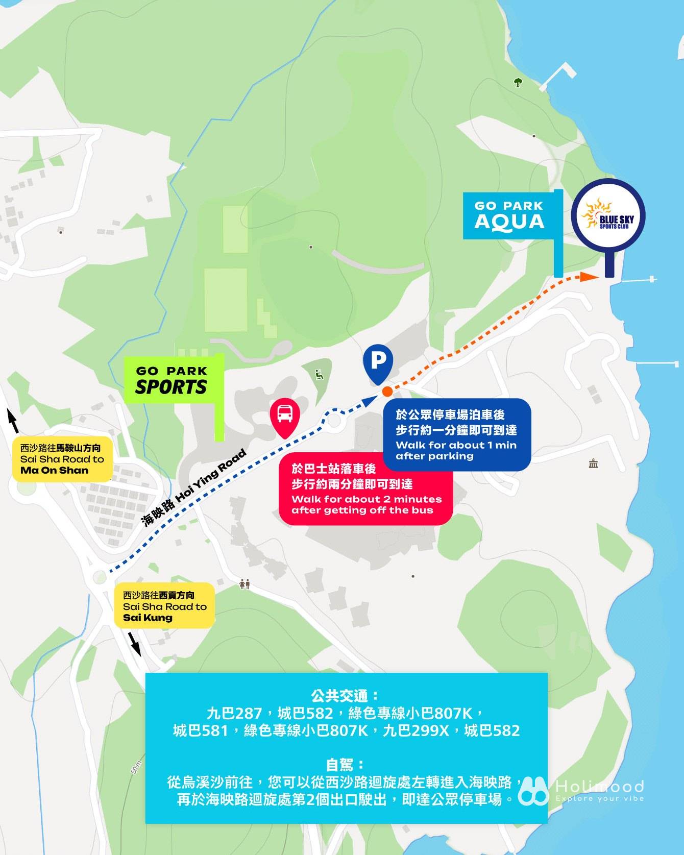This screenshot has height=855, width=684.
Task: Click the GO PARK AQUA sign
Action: tap(508, 215)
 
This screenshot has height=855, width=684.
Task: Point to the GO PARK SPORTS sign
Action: tap(172, 380)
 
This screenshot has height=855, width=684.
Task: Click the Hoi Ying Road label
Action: tap(194, 488)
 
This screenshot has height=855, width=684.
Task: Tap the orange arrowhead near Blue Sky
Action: tap(590, 276)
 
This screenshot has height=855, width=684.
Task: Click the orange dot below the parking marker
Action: tap(387, 392)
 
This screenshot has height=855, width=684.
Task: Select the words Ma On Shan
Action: tap(55, 471)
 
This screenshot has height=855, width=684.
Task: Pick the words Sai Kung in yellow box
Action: tap(148, 618)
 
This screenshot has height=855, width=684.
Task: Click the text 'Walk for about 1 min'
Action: tap(456, 445)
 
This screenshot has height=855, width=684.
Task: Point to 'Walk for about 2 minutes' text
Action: tap(366, 499)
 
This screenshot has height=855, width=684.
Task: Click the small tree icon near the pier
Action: tap(518, 82)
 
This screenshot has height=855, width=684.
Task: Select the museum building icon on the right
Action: tap(593, 464)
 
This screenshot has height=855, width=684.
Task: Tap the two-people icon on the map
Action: tap(245, 584)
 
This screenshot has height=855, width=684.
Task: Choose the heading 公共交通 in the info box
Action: tap(346, 695)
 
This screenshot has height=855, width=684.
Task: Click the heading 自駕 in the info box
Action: tap(346, 764)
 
